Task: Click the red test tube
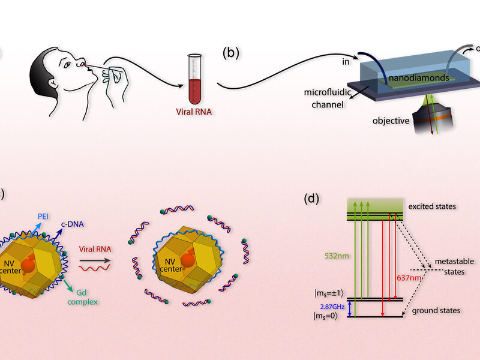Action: point(194,77)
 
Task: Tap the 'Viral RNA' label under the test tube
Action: point(194,110)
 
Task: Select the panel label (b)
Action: point(231,53)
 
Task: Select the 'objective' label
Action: point(390,121)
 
